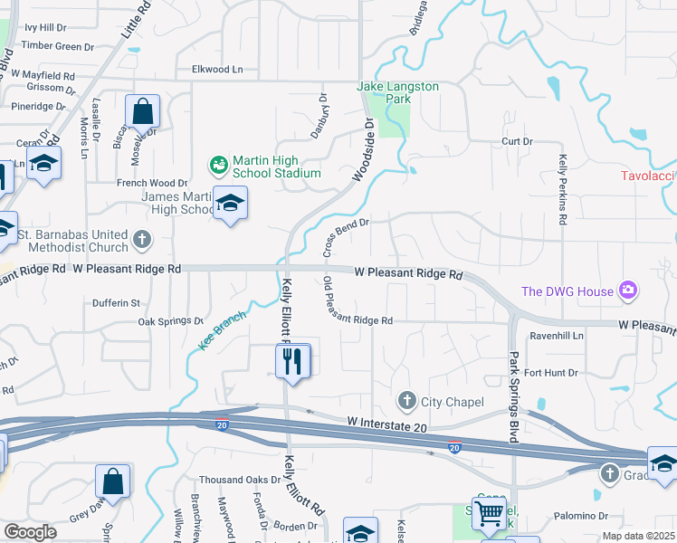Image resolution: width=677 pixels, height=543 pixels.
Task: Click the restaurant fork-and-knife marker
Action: pos(292,361)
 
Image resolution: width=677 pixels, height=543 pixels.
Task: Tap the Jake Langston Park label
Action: pos(398,92)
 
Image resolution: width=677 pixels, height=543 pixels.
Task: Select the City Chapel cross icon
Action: pos(407,400)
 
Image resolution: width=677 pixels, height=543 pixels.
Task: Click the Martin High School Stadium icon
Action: pos(218,165)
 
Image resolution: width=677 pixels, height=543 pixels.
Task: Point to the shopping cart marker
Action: pos(489,513)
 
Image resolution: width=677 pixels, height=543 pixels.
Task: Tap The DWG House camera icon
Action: pos(627,291)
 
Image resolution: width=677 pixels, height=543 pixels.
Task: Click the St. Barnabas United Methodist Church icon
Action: pos(141,240)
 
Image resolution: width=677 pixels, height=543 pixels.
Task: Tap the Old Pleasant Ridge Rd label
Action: pos(358,301)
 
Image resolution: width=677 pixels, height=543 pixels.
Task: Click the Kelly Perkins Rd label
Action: pos(562,189)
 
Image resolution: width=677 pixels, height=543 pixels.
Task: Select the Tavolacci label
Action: pos(648,176)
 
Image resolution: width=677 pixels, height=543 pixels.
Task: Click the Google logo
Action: pos(30,532)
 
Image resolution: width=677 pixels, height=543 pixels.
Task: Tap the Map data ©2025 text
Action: pos(638,536)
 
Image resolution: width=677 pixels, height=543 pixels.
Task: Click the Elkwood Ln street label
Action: pos(217,69)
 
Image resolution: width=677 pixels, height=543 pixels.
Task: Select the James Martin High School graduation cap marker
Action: pos(230,204)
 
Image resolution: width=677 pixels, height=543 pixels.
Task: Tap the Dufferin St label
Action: pos(116,302)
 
